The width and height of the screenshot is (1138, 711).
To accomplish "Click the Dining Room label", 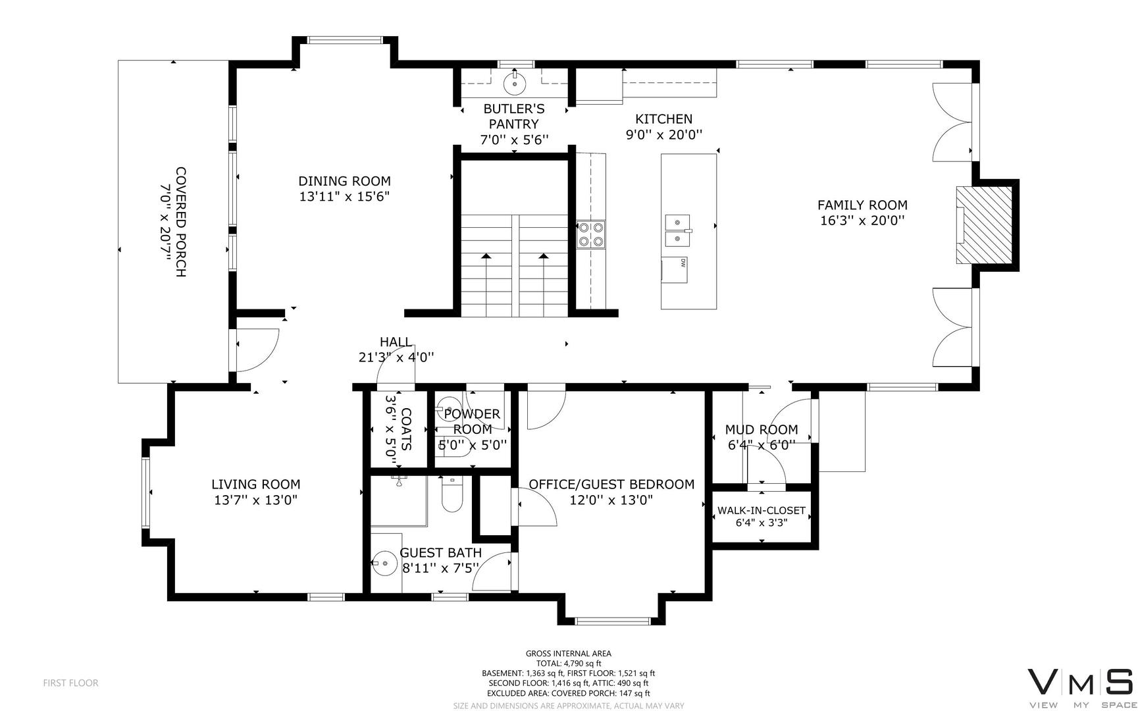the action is (x=344, y=181).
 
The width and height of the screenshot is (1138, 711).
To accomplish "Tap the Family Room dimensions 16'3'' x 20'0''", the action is (x=862, y=221).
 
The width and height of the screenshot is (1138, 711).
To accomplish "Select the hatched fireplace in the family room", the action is (x=985, y=224).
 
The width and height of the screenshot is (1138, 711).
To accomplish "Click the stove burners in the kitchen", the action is (x=590, y=234).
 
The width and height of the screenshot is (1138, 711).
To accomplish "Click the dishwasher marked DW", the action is (x=674, y=270).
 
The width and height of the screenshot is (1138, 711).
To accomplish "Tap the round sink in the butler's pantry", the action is (x=514, y=84).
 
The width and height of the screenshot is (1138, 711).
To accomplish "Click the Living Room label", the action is (x=256, y=485).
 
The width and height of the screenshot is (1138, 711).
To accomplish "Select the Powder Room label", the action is (x=472, y=421).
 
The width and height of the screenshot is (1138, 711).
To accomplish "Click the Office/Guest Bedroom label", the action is (x=611, y=485).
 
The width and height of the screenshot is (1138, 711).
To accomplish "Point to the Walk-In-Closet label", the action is (x=762, y=510).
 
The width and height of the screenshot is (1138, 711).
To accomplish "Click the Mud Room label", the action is (x=762, y=430).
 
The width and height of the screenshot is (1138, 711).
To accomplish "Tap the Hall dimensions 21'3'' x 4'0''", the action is (x=396, y=357).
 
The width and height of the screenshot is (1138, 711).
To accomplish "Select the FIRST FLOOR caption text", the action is (x=71, y=683).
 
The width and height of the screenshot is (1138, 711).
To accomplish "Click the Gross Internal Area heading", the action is (x=569, y=654).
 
